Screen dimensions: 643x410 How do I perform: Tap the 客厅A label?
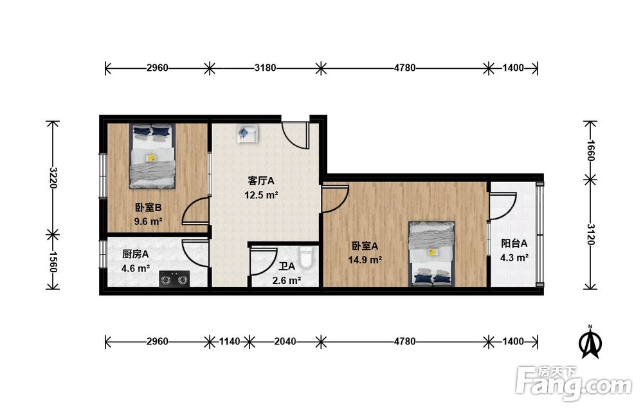click(x=261, y=181)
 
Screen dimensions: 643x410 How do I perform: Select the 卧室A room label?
click(x=365, y=246)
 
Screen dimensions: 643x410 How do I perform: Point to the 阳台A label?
click(x=514, y=243)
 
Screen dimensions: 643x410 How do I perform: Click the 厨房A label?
click(x=135, y=254)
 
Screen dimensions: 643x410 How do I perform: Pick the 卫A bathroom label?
click(x=287, y=266)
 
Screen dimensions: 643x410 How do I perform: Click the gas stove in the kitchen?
click(x=175, y=279)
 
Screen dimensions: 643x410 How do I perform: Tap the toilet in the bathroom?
click(x=306, y=257)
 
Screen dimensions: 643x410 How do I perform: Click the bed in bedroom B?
click(x=152, y=156)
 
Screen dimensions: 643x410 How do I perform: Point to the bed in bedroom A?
click(x=432, y=254)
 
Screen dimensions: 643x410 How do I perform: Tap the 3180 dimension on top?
click(x=265, y=68)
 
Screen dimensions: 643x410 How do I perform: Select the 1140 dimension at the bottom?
click(x=230, y=341)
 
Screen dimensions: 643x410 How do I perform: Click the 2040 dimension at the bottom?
click(x=285, y=341)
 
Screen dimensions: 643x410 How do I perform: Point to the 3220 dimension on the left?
click(x=53, y=177)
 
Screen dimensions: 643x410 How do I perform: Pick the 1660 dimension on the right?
click(x=590, y=151)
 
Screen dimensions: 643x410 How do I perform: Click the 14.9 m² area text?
click(x=365, y=260)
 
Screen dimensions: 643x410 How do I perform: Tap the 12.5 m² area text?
click(x=261, y=195)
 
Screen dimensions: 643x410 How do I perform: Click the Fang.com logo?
click(x=574, y=382)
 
